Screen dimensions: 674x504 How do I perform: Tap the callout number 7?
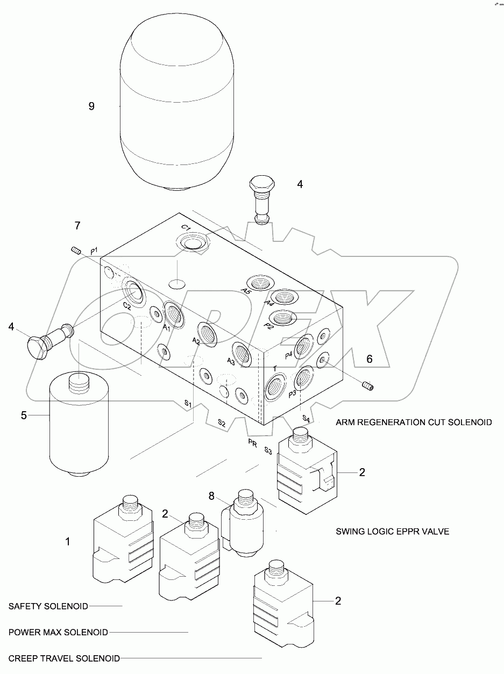(x=77, y=226)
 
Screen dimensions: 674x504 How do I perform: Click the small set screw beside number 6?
(x=368, y=385)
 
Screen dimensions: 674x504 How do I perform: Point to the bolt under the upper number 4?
(x=262, y=200)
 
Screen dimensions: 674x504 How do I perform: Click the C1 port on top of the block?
(x=190, y=241)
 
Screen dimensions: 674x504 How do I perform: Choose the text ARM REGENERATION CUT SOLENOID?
(x=413, y=422)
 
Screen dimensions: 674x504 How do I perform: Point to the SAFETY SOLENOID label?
(x=48, y=606)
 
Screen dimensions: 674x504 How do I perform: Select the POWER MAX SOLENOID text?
(x=58, y=632)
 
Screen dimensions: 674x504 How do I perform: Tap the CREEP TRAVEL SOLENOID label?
(x=64, y=658)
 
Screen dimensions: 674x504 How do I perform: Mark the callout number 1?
(x=68, y=542)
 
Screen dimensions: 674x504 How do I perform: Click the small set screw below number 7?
(x=76, y=249)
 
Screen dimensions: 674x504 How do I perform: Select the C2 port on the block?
(x=133, y=292)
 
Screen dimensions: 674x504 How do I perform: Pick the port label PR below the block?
(x=252, y=442)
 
